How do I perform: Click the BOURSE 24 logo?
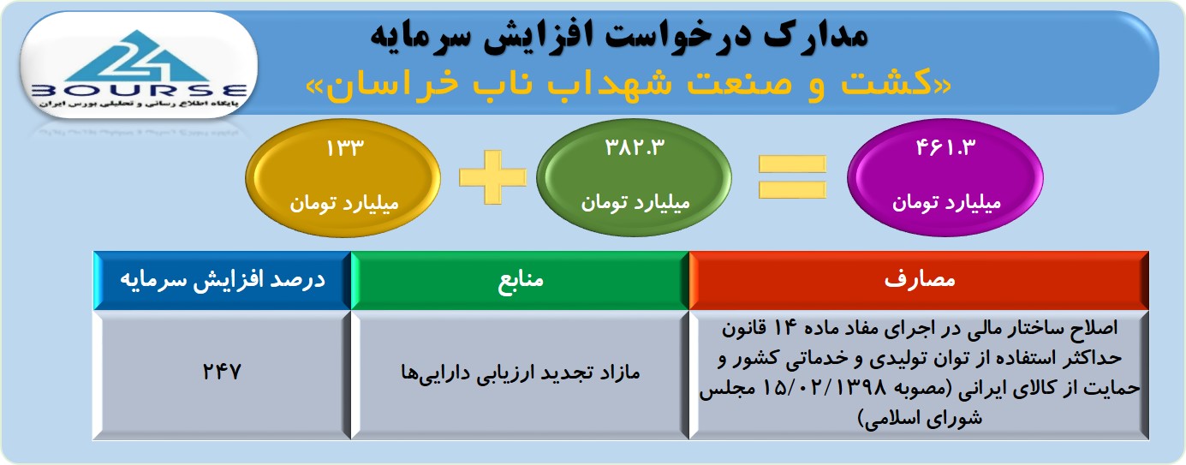pyautogui.click(x=139, y=67)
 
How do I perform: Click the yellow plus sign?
pyautogui.click(x=493, y=177)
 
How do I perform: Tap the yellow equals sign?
pyautogui.click(x=792, y=177)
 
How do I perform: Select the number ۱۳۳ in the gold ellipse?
pyautogui.click(x=345, y=148)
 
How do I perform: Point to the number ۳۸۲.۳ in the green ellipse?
pyautogui.click(x=635, y=147)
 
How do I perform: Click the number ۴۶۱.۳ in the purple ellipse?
pyautogui.click(x=945, y=147)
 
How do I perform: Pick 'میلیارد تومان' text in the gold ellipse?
pyautogui.click(x=344, y=203)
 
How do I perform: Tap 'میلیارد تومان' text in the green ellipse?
pyautogui.click(x=635, y=202)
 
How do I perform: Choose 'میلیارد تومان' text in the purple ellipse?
pyautogui.click(x=947, y=202)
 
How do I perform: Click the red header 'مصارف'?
pyautogui.click(x=920, y=279)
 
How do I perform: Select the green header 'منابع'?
pyautogui.click(x=521, y=279)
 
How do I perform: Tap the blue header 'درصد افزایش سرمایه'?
pyautogui.click(x=223, y=279)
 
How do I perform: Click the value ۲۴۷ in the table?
pyautogui.click(x=222, y=372)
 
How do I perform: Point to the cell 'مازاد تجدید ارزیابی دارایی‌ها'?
pyautogui.click(x=520, y=373)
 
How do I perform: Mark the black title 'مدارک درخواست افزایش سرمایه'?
pyautogui.click(x=619, y=36)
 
